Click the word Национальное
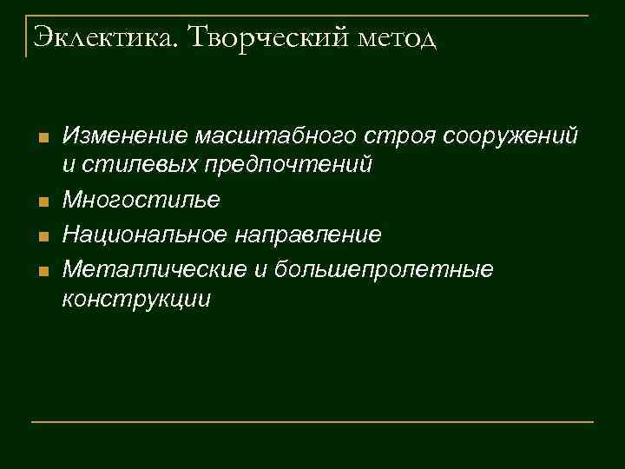click(140, 234)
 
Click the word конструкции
click(135, 299)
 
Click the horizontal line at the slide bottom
click(312, 421)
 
